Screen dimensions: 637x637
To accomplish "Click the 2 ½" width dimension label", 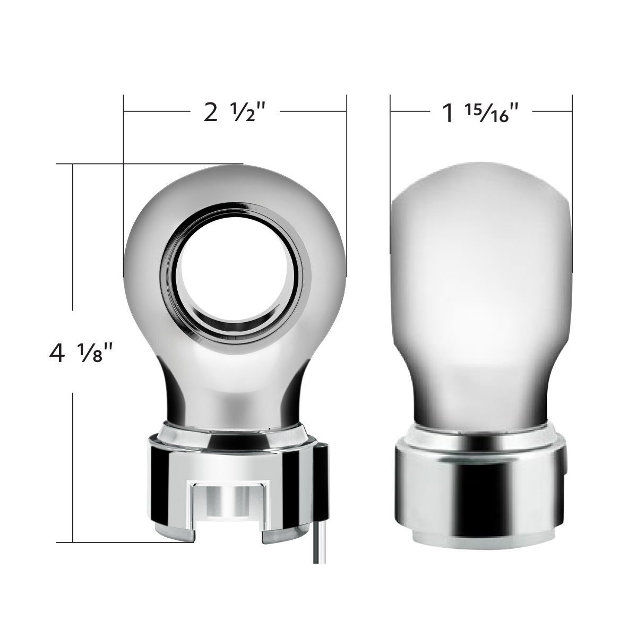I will (x=234, y=112).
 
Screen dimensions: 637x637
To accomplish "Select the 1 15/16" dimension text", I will (x=480, y=112).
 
